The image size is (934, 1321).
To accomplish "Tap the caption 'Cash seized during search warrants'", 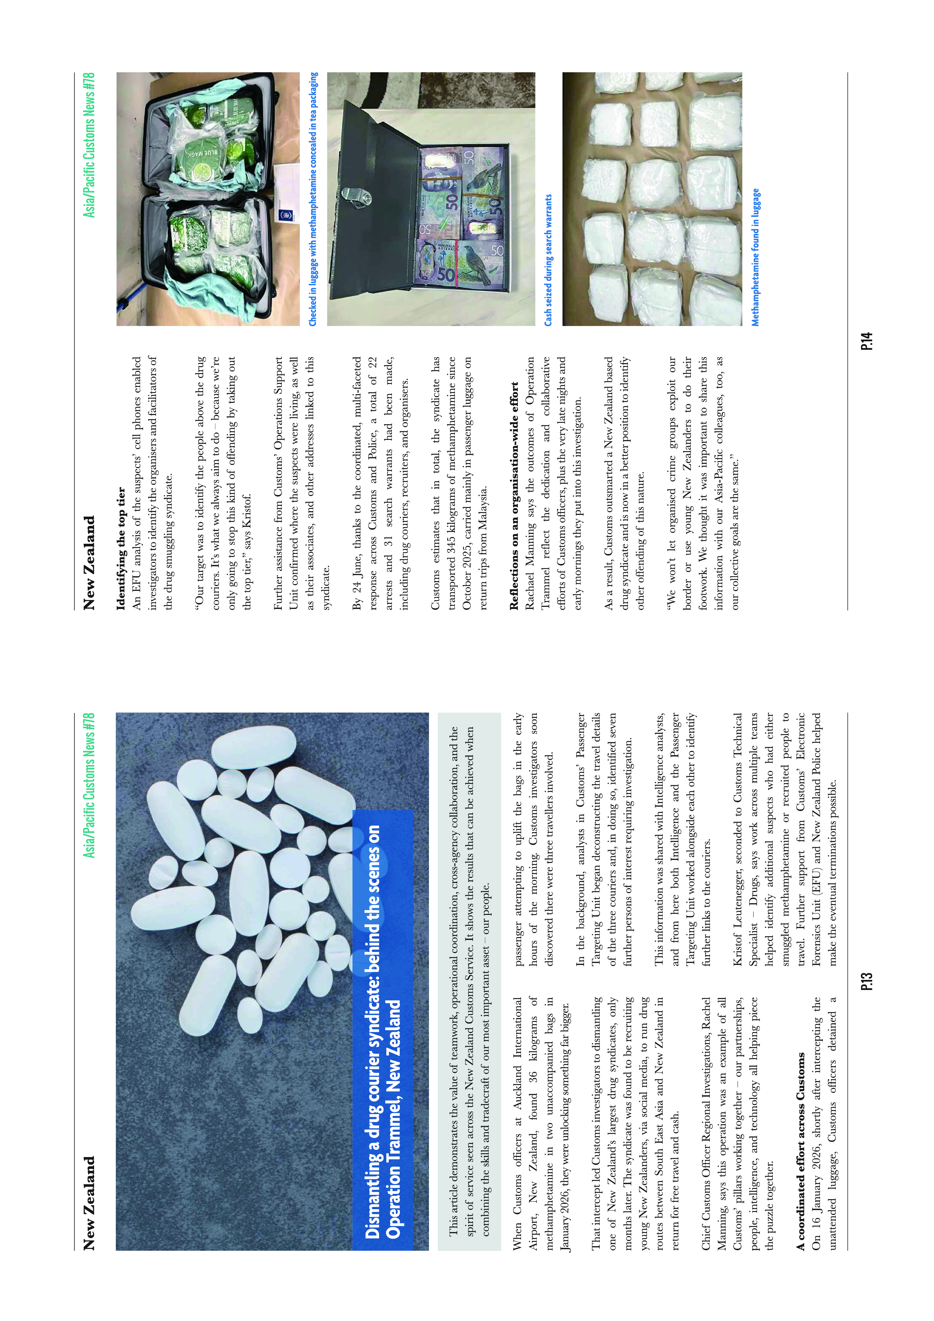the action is click(x=548, y=260).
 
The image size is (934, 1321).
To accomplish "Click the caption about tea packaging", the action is click(x=313, y=199).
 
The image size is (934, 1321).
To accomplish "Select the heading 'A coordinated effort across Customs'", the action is click(x=800, y=1151).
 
